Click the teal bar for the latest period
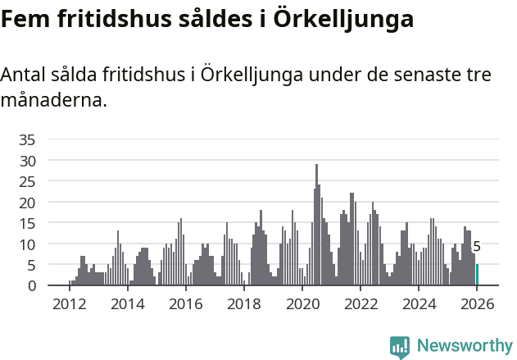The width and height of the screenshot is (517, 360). click(477, 275)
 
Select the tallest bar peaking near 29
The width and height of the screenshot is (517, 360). click(316, 226)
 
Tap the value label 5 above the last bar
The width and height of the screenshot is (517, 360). click(477, 246)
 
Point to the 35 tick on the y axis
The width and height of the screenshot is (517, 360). click(27, 139)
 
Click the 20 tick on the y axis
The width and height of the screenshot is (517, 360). click(27, 202)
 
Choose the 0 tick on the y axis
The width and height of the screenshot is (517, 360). click(31, 285)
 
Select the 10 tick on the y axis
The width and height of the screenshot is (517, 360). click(27, 244)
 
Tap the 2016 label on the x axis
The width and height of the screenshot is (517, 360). click(185, 303)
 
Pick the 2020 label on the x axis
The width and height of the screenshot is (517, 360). click(302, 303)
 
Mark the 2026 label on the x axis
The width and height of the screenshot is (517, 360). click(478, 303)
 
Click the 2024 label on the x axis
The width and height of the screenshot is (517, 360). click(419, 303)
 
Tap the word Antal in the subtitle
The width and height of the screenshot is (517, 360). click(24, 75)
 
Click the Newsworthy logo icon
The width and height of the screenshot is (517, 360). click(400, 346)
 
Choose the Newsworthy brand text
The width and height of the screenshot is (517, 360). click(464, 346)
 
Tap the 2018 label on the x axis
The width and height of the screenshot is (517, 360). click(243, 303)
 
